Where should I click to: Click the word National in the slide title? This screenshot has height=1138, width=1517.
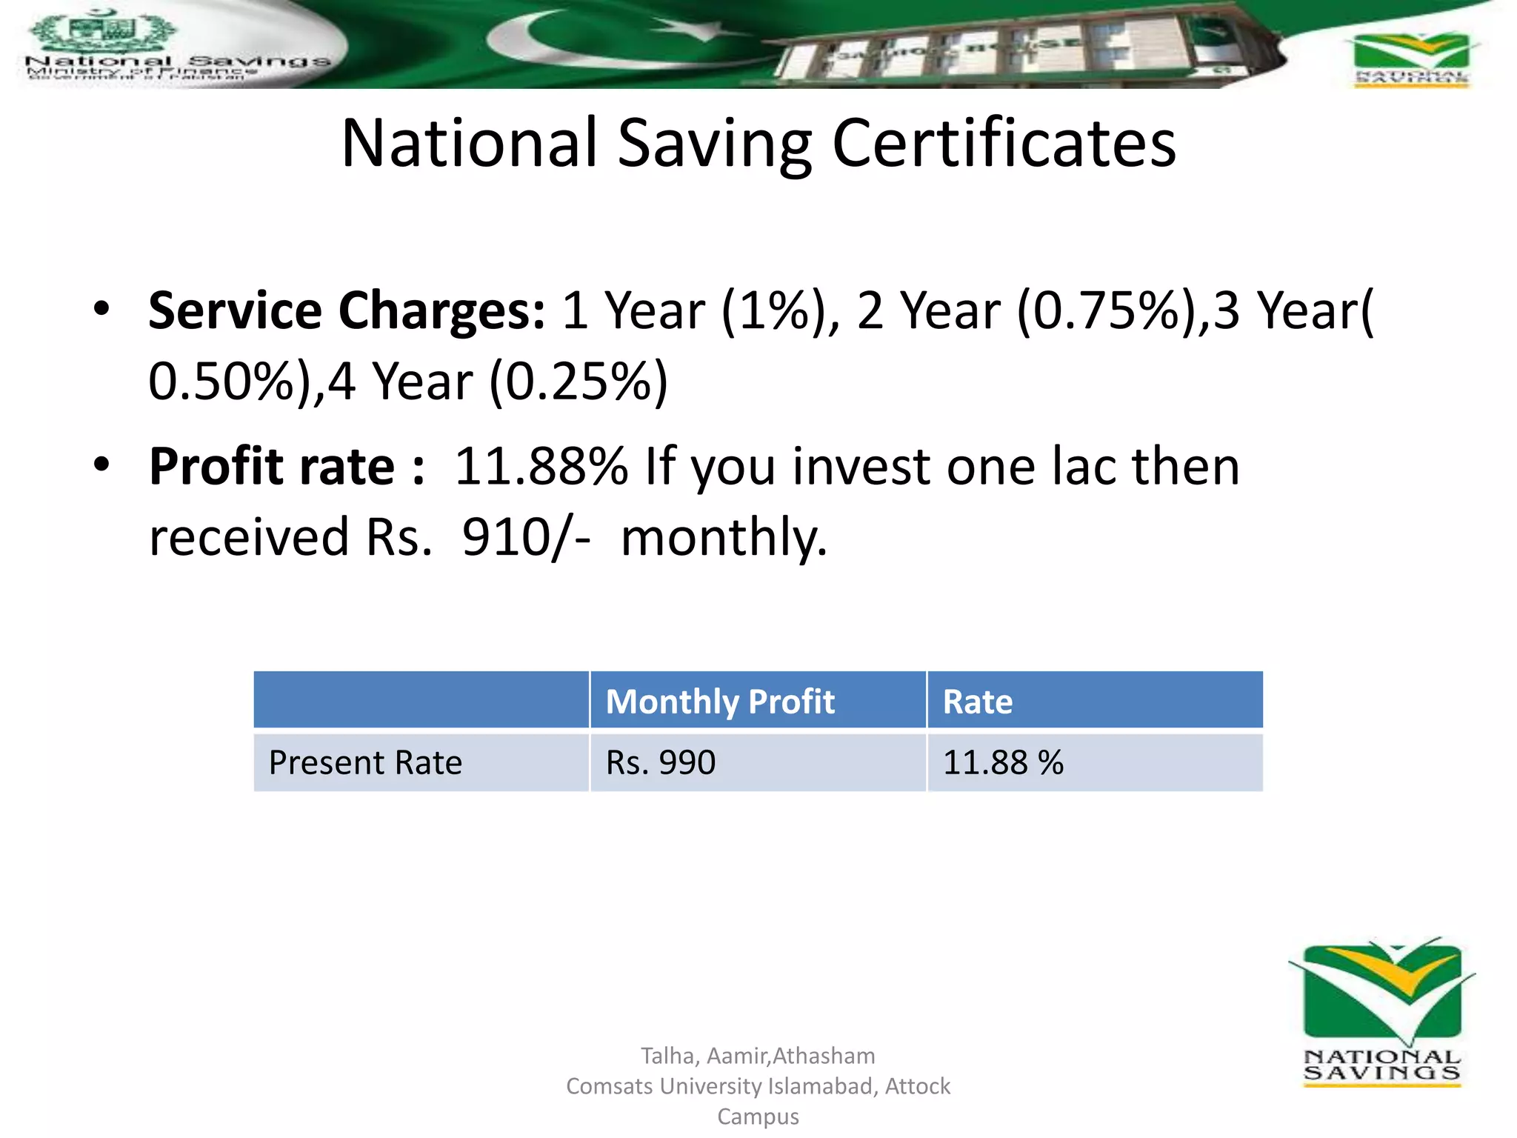(468, 143)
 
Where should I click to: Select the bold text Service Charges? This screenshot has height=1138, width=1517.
(346, 310)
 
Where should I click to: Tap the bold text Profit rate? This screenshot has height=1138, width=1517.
(272, 467)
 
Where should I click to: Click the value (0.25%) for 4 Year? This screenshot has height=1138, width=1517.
(579, 382)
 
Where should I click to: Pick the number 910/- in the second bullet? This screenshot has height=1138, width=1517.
(525, 536)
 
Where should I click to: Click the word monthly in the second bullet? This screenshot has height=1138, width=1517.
(722, 536)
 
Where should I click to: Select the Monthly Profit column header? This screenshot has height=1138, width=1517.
(719, 701)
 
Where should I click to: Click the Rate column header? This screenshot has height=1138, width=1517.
(977, 701)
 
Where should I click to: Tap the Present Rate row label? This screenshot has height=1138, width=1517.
(365, 762)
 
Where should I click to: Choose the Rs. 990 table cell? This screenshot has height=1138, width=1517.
(660, 762)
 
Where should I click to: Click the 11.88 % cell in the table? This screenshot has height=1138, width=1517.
(1002, 762)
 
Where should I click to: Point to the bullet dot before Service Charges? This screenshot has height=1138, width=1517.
(101, 308)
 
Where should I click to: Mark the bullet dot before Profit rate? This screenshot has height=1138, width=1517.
(101, 465)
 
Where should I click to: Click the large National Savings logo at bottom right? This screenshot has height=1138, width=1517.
(1381, 1011)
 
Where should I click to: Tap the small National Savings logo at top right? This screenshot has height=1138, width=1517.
(1410, 59)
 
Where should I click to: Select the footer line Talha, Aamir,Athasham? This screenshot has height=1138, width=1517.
(757, 1055)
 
